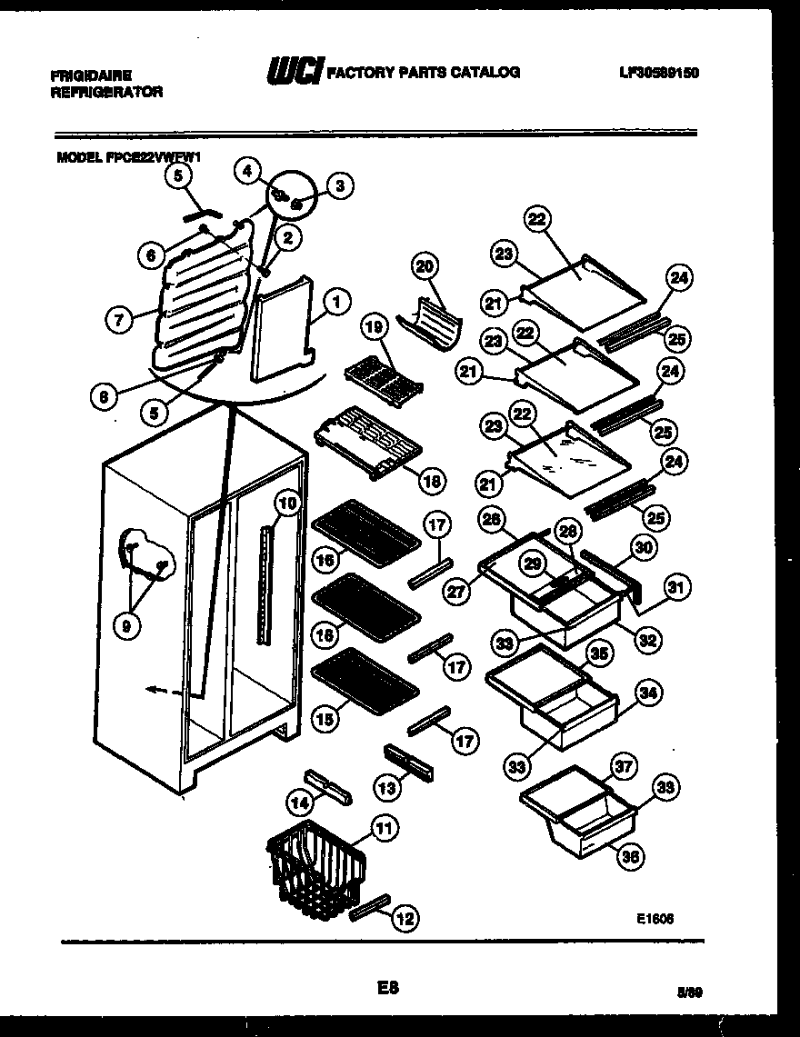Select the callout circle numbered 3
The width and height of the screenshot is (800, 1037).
tap(340, 187)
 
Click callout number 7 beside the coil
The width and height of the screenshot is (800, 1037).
tap(119, 319)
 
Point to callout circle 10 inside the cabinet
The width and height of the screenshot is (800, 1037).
tap(286, 502)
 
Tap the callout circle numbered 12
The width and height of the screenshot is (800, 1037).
tap(404, 920)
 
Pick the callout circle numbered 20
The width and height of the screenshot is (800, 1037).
tap(425, 266)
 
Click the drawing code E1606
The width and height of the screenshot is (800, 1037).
tap(655, 919)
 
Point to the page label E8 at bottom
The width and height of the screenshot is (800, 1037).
tap(388, 986)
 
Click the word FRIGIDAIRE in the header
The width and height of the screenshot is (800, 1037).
tap(91, 77)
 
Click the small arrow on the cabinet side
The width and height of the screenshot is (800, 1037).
tap(156, 691)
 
